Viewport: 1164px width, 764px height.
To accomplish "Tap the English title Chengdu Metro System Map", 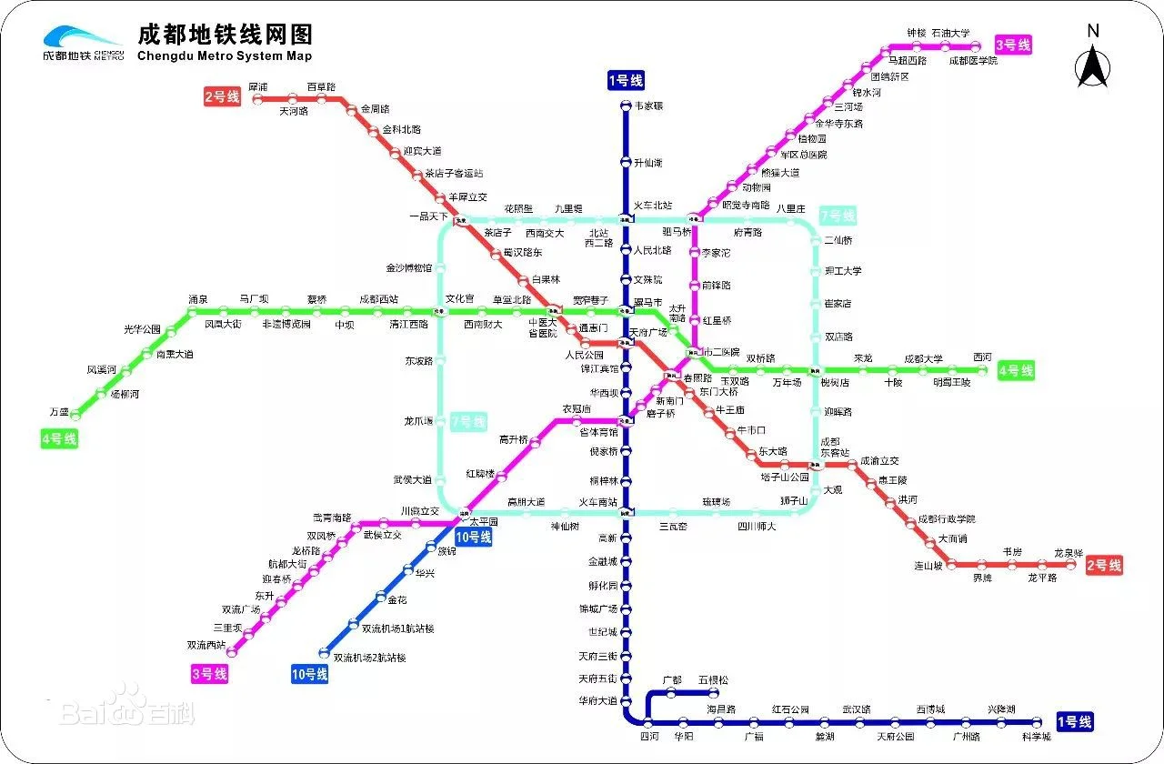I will click(224, 56).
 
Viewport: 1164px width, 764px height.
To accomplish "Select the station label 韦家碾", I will click(648, 106).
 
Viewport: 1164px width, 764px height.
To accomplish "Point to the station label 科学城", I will click(1036, 737).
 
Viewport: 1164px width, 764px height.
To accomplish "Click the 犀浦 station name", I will click(257, 87).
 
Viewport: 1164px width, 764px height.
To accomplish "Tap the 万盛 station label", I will click(59, 412).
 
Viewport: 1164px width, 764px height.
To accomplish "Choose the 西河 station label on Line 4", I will click(982, 357).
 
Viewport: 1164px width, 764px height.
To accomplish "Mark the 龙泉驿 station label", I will click(1069, 553).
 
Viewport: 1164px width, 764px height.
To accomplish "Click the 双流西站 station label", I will click(206, 645).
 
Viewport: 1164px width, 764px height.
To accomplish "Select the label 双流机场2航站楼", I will click(369, 658).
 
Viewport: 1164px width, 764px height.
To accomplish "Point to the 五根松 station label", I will click(713, 679).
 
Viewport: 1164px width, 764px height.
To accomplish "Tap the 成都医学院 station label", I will click(973, 61).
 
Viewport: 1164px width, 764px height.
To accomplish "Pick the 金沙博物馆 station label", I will click(410, 268).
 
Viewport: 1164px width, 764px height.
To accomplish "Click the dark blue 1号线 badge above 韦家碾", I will click(626, 81).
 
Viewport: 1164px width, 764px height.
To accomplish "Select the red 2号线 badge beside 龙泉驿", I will click(1103, 566).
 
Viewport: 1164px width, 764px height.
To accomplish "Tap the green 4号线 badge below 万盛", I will click(59, 439).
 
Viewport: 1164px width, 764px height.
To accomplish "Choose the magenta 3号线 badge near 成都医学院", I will click(1013, 45).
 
